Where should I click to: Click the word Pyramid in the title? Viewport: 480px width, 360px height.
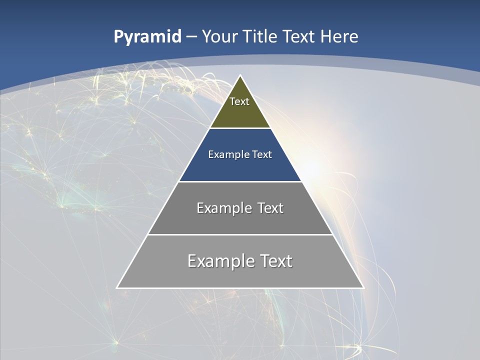tap(147, 37)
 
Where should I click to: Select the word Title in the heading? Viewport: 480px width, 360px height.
tap(259, 36)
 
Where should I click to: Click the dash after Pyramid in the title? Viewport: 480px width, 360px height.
tap(191, 37)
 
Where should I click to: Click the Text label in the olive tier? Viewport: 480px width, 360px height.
tap(239, 101)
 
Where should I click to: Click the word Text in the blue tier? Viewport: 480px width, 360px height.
tap(262, 154)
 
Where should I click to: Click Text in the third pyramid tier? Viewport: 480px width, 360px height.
tap(270, 208)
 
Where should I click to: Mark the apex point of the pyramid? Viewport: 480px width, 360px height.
tap(240, 76)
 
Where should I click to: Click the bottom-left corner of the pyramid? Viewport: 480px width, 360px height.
tap(117, 287)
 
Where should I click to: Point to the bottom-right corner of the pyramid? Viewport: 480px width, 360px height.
tap(363, 287)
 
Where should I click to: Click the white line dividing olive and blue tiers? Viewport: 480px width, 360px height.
tap(240, 128)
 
